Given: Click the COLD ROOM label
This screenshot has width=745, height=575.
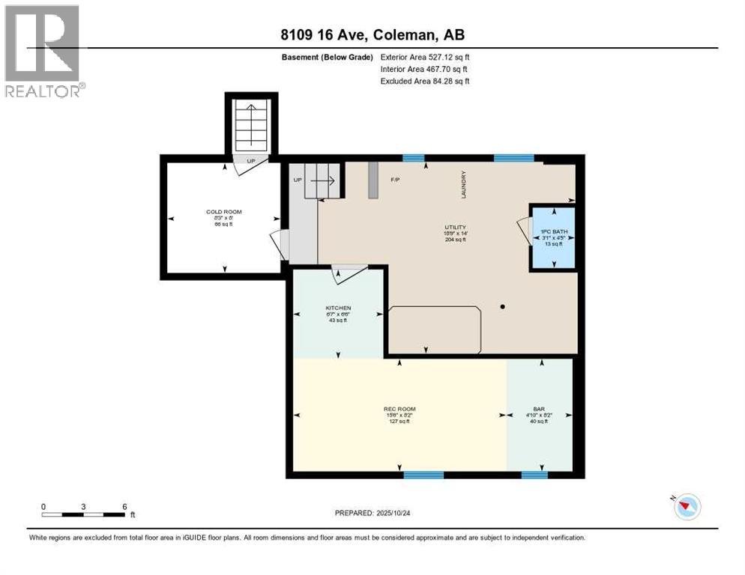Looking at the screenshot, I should [x=224, y=212].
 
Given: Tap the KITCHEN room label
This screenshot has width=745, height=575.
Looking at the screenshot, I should [x=338, y=308].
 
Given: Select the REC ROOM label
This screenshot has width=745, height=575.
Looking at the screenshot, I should [x=399, y=409].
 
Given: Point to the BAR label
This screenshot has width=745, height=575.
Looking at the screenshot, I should [x=540, y=409].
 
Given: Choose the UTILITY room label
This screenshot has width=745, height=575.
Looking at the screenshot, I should [x=455, y=227].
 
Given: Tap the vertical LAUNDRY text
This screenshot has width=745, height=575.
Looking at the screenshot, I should [x=465, y=183].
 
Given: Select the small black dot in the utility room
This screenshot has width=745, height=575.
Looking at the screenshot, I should [x=503, y=306].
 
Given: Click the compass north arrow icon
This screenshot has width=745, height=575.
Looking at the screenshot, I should [x=686, y=507].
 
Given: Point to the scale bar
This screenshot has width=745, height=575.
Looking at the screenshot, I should [x=83, y=514].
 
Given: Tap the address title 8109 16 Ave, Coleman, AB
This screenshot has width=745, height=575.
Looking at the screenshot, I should [x=373, y=34].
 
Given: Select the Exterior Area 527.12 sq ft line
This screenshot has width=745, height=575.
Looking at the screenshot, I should [x=425, y=57].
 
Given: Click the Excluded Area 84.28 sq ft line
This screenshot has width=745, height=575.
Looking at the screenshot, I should [x=425, y=81].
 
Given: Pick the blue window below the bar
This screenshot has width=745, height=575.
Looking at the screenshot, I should [x=534, y=475].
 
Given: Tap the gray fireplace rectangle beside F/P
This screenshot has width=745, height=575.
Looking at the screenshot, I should [x=372, y=181].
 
